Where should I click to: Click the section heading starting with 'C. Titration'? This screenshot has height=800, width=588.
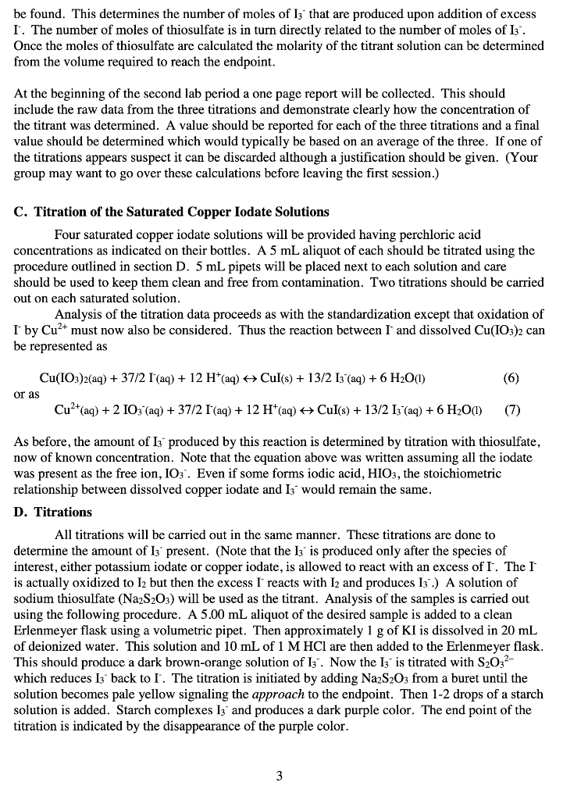(x=171, y=212)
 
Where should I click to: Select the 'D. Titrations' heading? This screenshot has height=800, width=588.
(x=52, y=512)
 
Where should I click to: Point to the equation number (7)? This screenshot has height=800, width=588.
(x=511, y=409)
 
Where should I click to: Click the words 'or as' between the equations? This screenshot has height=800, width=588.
(x=27, y=394)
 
